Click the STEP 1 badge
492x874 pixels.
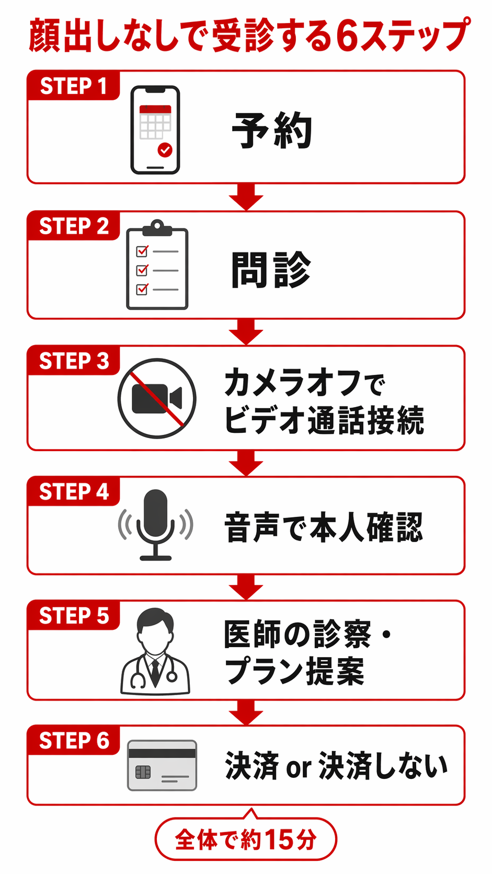click(73, 86)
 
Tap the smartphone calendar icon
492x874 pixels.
click(155, 130)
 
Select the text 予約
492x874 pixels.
click(272, 130)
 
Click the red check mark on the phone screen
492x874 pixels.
click(165, 150)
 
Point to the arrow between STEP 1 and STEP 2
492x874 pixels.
click(246, 197)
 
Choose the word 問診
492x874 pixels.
click(271, 270)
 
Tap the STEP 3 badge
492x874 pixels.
click(74, 361)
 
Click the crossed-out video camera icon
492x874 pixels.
click(157, 398)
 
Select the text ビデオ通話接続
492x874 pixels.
click(324, 420)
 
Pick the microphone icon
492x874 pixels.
click(155, 524)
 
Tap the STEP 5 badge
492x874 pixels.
click(74, 616)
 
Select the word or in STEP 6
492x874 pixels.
click(299, 767)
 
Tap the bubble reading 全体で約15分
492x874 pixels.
click(246, 839)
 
